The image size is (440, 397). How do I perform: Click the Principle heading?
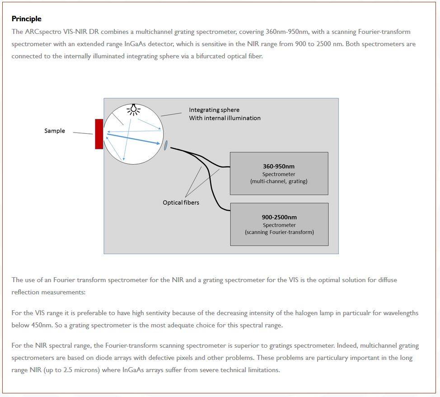click(x=26, y=19)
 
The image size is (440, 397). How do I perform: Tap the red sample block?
click(x=99, y=134)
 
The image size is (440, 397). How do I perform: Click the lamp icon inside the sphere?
click(x=133, y=109)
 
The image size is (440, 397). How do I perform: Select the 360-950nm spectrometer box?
click(x=279, y=173)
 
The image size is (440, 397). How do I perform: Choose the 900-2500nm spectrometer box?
click(x=279, y=224)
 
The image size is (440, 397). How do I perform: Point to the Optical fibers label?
click(x=181, y=203)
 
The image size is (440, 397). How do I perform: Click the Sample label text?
click(x=55, y=131)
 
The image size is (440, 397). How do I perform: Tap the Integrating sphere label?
click(x=214, y=110)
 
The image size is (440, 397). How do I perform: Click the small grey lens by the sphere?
click(x=166, y=145)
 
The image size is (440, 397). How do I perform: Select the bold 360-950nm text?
click(x=279, y=166)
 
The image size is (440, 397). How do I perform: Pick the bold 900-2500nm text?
click(x=279, y=217)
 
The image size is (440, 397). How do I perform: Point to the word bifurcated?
click(x=215, y=56)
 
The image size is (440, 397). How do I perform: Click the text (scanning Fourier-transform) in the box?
click(x=279, y=232)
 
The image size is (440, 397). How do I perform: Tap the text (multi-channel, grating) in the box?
click(x=279, y=181)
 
